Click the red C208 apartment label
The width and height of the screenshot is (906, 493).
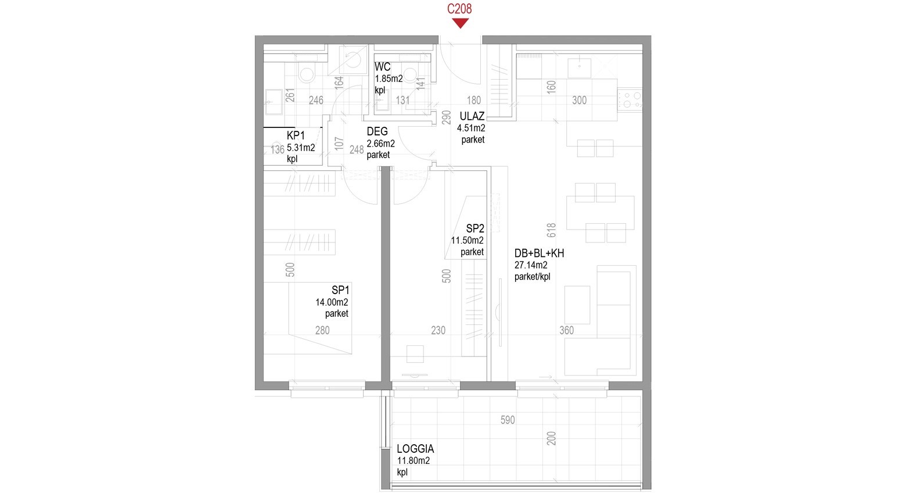tap(459, 9)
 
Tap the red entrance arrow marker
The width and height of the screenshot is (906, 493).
tap(460, 23)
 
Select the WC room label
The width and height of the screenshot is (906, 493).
tap(382, 67)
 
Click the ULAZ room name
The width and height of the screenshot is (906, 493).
tap(472, 116)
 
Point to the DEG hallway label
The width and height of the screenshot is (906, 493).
tap(377, 131)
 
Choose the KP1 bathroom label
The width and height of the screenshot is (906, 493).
tap(296, 135)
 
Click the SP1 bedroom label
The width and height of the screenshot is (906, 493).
tap(340, 290)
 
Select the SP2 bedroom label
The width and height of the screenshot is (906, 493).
tap(475, 228)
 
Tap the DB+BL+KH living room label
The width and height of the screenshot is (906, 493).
tap(539, 253)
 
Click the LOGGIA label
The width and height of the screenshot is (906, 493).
tap(415, 449)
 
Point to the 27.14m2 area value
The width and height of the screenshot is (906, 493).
tap(531, 265)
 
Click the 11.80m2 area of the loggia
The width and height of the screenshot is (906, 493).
tap(414, 460)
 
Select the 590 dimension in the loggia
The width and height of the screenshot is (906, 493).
tap(508, 420)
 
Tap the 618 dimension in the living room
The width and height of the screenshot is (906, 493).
tap(551, 230)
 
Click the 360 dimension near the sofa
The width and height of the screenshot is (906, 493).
tap(566, 331)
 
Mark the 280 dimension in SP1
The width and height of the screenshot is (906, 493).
tap(322, 331)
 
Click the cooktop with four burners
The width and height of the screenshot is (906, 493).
tap(630, 100)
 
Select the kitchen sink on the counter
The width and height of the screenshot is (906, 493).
tap(579, 68)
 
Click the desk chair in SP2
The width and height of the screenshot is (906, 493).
tap(415, 354)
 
